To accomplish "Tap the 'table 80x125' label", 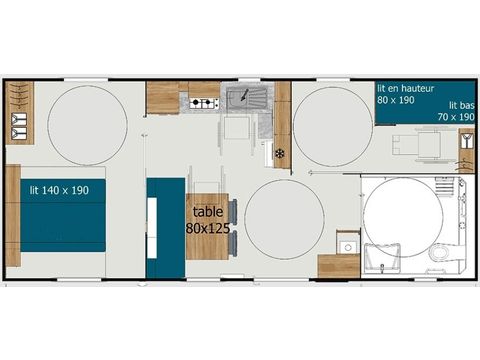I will click(208, 219).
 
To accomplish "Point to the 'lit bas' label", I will click(460, 105).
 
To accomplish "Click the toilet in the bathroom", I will click(441, 254).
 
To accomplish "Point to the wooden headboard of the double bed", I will click(12, 216).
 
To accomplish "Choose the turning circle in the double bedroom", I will click(87, 125).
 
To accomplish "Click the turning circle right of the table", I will click(284, 219).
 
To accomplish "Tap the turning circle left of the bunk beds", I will click(332, 123).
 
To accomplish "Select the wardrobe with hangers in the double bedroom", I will click(20, 112).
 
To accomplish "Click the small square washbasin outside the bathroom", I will click(347, 245).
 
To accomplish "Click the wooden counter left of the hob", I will click(161, 98).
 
